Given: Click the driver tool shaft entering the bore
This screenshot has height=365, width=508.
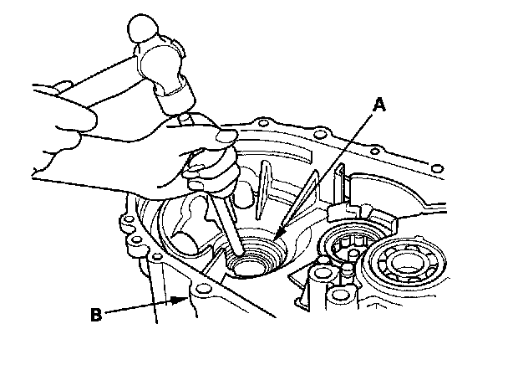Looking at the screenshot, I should pos(231,230).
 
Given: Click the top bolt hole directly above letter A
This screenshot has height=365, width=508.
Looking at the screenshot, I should pos(317,134).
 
